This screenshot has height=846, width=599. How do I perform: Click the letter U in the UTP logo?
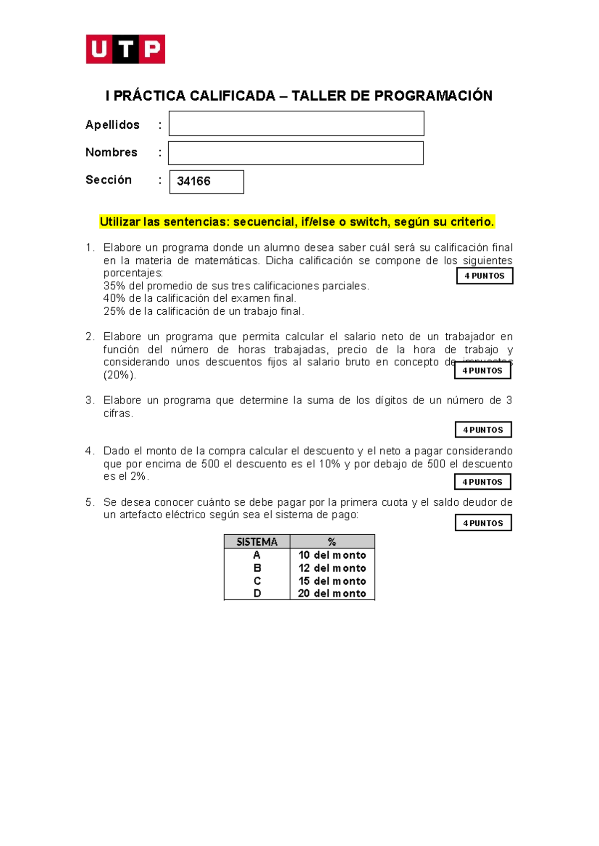(x=99, y=49)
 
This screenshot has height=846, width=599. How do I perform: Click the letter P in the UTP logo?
(x=152, y=49)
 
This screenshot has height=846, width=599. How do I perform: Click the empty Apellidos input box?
(x=296, y=124)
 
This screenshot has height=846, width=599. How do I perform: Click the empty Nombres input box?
(x=296, y=153)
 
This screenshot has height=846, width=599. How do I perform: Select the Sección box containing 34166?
(x=206, y=182)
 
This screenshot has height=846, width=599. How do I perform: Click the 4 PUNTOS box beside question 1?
(x=484, y=276)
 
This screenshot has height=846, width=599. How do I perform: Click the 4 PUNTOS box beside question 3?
(x=483, y=429)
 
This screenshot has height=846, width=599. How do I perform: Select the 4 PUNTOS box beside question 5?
(x=483, y=523)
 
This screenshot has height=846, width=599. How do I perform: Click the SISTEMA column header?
(x=257, y=542)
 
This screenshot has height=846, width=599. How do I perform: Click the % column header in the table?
(x=332, y=542)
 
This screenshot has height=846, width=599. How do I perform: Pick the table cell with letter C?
(x=257, y=581)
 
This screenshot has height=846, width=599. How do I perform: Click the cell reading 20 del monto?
(x=332, y=594)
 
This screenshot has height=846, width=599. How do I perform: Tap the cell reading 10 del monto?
(x=332, y=555)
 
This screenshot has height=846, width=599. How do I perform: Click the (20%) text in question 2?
(x=119, y=375)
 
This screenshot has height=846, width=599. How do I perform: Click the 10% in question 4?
(x=329, y=464)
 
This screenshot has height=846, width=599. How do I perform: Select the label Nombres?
(x=111, y=152)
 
